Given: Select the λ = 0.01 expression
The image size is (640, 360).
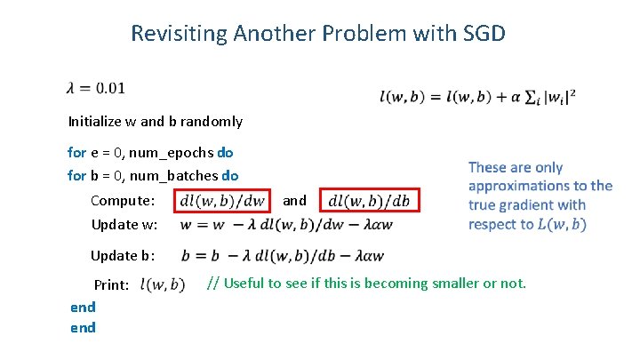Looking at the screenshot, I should click(x=96, y=87).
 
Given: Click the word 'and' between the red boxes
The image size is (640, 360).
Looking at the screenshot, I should click(x=295, y=201).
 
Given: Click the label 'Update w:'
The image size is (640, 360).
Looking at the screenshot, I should click(x=124, y=224).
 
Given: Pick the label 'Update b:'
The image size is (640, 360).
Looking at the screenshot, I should click(x=124, y=256).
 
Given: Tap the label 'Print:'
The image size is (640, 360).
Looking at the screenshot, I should click(x=113, y=285).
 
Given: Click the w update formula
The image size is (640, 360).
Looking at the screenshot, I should click(x=285, y=224).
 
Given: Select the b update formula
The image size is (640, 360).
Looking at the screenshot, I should click(x=283, y=256).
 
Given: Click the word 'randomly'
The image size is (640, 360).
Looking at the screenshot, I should click(x=212, y=121).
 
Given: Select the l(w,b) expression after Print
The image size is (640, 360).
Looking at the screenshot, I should click(x=164, y=285).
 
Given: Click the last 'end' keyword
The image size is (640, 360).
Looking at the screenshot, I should click(x=83, y=327).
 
